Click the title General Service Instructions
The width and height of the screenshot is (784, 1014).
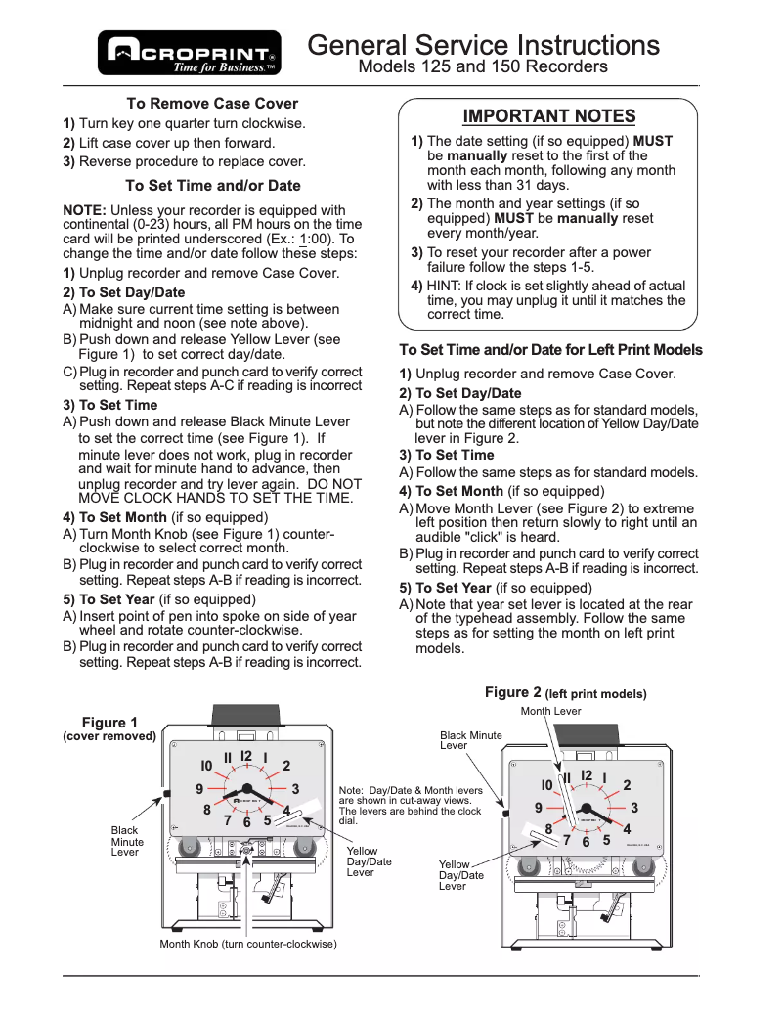(483, 45)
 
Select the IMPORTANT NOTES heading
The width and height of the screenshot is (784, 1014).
(548, 116)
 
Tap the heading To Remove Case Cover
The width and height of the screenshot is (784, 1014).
(212, 104)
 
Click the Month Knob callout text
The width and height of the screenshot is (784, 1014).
(248, 945)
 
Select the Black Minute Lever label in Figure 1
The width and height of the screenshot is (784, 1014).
(127, 841)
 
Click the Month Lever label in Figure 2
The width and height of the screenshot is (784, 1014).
(550, 711)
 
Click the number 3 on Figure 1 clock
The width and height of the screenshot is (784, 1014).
(294, 788)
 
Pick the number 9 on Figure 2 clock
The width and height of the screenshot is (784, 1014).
(539, 808)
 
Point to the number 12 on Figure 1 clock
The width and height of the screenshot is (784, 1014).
(246, 756)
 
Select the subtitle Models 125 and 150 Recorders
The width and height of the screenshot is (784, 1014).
(483, 67)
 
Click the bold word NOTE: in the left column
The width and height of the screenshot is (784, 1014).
(85, 210)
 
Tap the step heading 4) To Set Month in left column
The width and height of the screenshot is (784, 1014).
(114, 517)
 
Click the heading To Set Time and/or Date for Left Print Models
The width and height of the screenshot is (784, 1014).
(550, 350)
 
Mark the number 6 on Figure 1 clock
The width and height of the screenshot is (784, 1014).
(247, 822)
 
